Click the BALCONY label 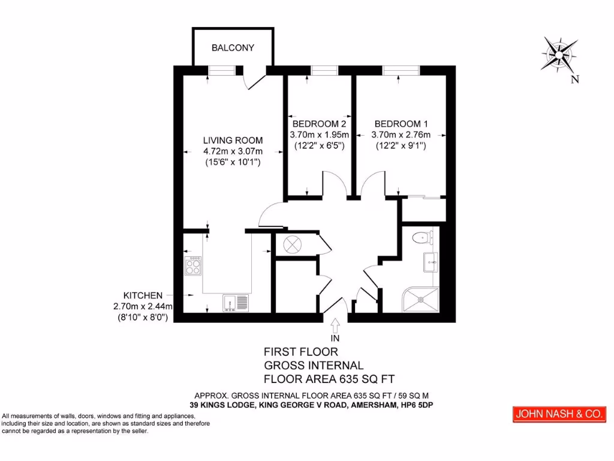(233, 47)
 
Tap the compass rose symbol (559, 54)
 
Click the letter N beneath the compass (574, 79)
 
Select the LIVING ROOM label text (233, 140)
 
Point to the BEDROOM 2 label (319, 124)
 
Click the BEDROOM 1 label (401, 124)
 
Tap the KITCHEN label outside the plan (143, 295)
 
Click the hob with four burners (193, 265)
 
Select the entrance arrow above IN (335, 325)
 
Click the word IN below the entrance (335, 338)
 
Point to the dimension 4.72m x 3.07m (233, 151)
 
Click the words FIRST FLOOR (302, 352)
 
